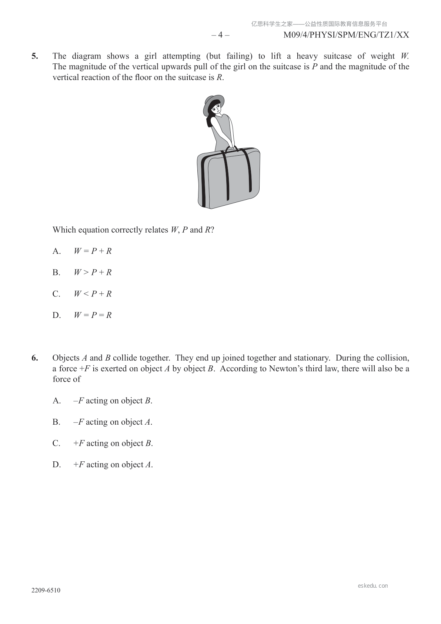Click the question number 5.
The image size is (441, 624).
coord(34,56)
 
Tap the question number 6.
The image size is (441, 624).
coord(34,358)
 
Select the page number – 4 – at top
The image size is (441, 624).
coord(220,35)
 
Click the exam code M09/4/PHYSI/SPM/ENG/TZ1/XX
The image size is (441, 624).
coord(346,35)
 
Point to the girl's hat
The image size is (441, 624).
coord(213,102)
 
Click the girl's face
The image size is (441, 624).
coord(216,108)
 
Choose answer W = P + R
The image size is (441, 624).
coord(93,251)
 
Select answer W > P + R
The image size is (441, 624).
coord(93,273)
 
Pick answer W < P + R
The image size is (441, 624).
coord(93,294)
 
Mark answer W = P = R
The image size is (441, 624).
coord(93,315)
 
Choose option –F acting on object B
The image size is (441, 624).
coord(113,401)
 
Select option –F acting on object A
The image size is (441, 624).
coord(113,422)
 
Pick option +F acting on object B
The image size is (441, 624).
coord(113,444)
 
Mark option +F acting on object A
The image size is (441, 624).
coord(113,465)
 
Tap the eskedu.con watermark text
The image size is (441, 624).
coord(373,586)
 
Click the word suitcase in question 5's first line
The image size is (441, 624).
coord(337,56)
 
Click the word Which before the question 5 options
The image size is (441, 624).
coord(64,230)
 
